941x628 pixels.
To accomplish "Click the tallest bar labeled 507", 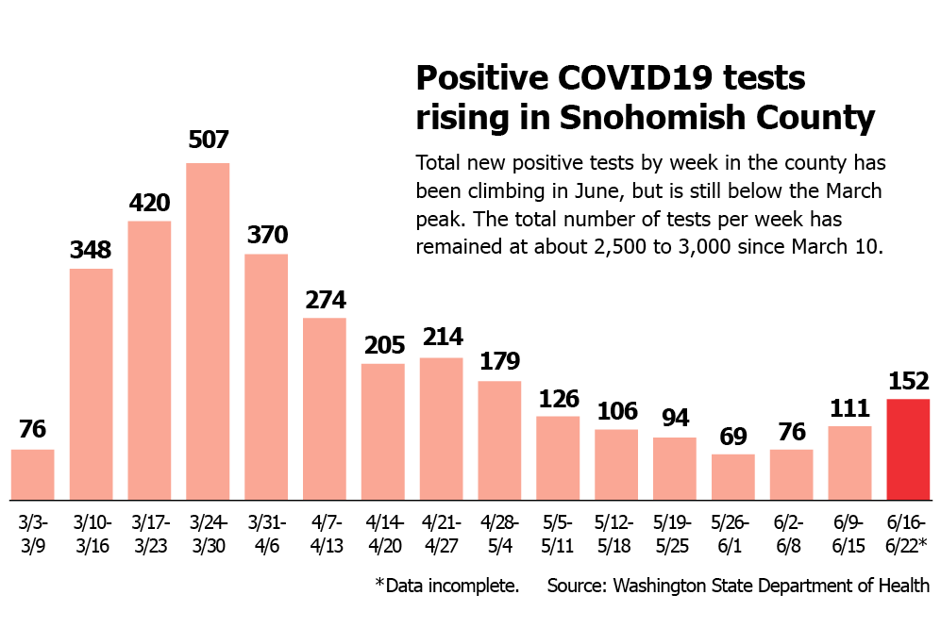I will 208,331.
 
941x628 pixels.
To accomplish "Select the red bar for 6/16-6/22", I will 908,449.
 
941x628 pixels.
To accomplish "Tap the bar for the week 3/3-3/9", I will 33,474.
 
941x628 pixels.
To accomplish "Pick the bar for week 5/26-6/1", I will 733,476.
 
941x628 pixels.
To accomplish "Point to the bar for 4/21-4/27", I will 441,428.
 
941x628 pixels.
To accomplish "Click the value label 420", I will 149,203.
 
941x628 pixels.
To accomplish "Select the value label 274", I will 325,300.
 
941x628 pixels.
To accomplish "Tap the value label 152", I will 908,381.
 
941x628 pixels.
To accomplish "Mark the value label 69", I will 733,437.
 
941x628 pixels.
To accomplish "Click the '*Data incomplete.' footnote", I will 446,586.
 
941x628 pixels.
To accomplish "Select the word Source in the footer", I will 577,586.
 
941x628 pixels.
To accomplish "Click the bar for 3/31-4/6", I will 266,376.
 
